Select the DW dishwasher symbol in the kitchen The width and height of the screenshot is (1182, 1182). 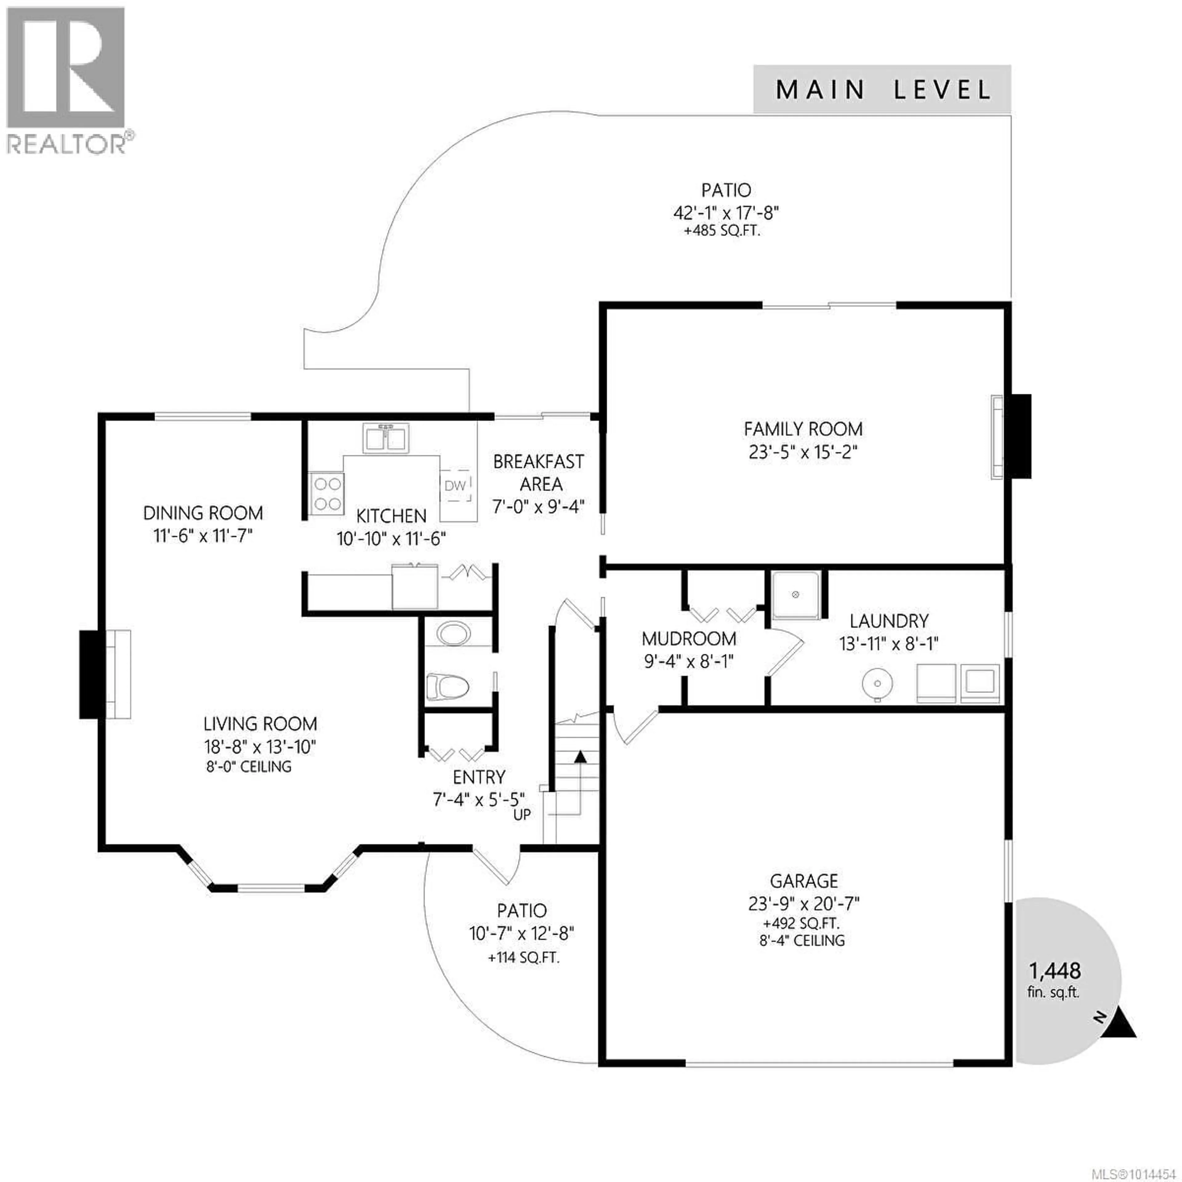[x=455, y=485]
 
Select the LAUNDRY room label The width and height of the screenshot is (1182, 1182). [x=889, y=621]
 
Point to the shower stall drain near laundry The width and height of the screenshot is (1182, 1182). [x=796, y=594]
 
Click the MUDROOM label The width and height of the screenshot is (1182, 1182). [x=689, y=639]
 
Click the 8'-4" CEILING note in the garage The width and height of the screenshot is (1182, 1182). [x=802, y=940]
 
